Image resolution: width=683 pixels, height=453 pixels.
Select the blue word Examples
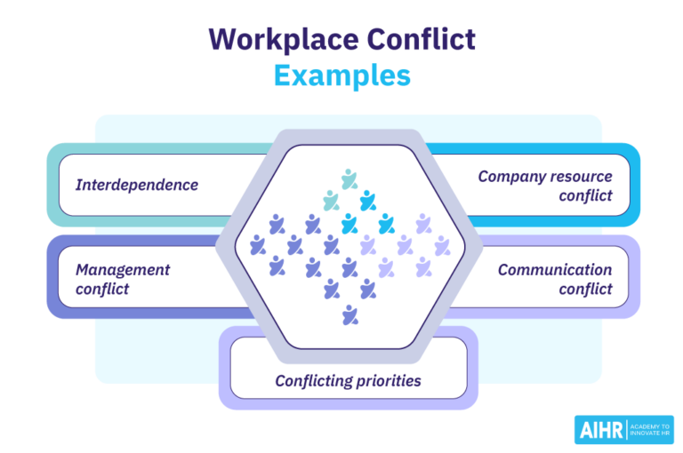click(341, 75)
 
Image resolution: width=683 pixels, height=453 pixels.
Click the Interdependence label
click(136, 185)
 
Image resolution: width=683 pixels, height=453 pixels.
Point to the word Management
click(122, 269)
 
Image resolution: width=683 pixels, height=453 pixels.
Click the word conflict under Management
click(101, 289)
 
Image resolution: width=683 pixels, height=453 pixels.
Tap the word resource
click(582, 176)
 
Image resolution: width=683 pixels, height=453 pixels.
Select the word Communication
click(554, 269)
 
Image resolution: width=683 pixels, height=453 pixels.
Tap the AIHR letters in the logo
click(600, 429)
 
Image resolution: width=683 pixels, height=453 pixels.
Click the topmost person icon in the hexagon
click(350, 179)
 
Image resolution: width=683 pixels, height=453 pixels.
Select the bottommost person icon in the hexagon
click(350, 314)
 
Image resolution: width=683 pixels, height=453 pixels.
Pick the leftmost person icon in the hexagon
click(258, 245)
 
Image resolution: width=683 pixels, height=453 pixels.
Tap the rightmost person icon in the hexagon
click(441, 245)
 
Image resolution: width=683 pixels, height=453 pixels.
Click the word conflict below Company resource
click(585, 195)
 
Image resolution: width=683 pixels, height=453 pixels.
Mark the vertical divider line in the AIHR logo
click(628, 429)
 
